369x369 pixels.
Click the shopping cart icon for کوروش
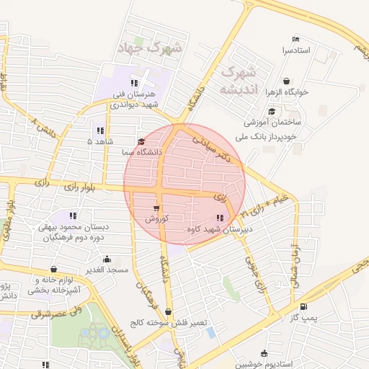pyautogui.click(x=156, y=208)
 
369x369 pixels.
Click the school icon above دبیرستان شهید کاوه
pyautogui.click(x=218, y=218)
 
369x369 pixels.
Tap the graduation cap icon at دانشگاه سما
pyautogui.click(x=141, y=142)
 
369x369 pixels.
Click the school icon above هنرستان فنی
pyautogui.click(x=135, y=83)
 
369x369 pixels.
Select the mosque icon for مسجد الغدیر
pyautogui.click(x=107, y=259)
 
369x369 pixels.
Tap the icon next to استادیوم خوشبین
pyautogui.click(x=264, y=353)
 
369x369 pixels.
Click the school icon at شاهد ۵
pyautogui.click(x=99, y=131)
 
